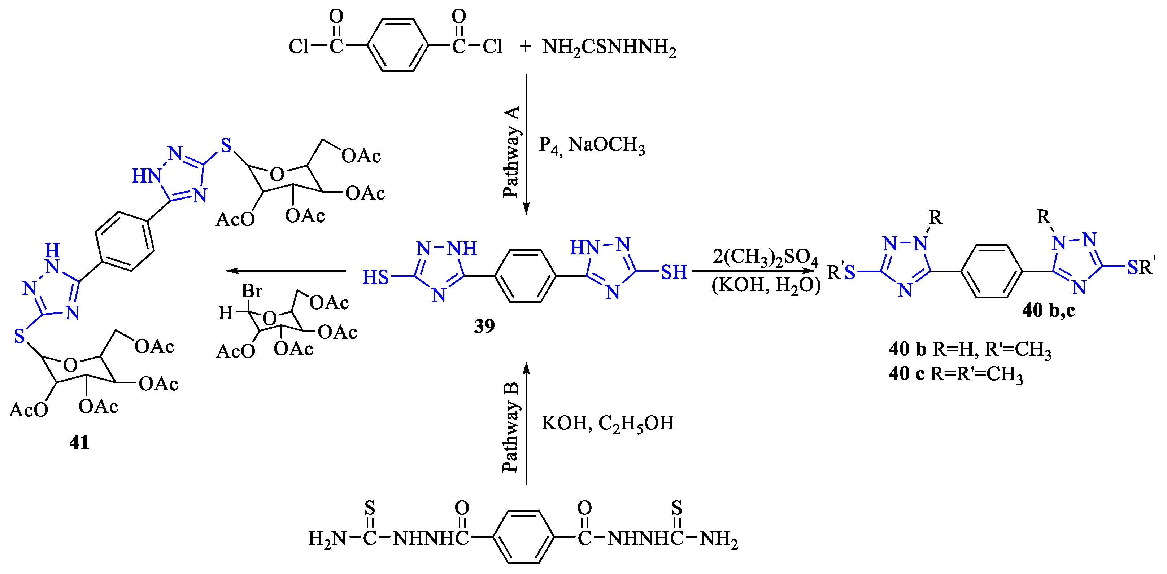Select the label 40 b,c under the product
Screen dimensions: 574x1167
pos(1048,311)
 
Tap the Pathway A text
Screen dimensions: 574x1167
pos(511,152)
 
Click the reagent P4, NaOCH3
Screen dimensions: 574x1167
pos(591,145)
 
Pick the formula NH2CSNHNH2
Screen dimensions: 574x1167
pos(609,47)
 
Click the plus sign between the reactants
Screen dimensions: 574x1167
pos(526,46)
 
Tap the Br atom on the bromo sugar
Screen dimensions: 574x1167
pos(252,291)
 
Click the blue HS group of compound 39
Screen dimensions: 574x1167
pos(375,277)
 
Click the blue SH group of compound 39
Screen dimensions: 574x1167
pos(674,272)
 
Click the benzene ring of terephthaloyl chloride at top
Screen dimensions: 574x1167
pos(397,45)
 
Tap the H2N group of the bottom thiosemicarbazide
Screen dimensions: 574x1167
pos(327,538)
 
